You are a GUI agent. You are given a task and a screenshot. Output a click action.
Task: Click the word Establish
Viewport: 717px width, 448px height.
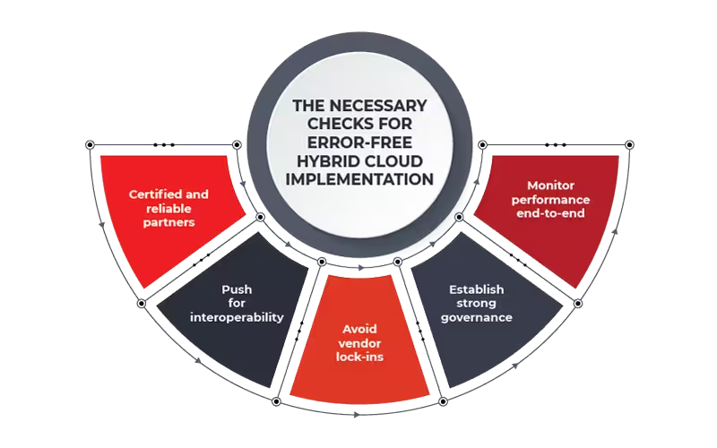pyautogui.click(x=476, y=289)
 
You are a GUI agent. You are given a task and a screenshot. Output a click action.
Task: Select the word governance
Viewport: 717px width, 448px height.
pyautogui.click(x=476, y=317)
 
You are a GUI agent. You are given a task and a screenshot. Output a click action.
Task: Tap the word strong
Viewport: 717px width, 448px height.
pyautogui.click(x=476, y=304)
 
